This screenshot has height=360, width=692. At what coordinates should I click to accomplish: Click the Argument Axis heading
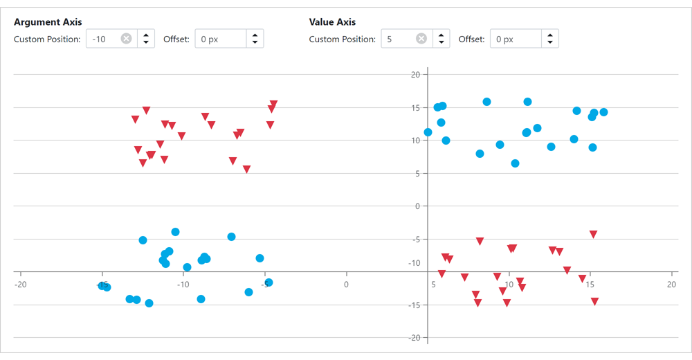pyautogui.click(x=48, y=22)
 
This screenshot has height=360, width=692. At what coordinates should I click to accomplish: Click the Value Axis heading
pyautogui.click(x=332, y=22)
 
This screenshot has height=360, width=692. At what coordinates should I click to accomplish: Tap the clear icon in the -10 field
pyautogui.click(x=126, y=39)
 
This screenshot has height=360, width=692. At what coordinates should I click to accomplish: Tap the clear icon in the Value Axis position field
pyautogui.click(x=421, y=39)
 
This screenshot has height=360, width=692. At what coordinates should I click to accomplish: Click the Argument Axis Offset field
pyautogui.click(x=220, y=39)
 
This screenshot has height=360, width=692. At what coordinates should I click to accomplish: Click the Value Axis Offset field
pyautogui.click(x=515, y=39)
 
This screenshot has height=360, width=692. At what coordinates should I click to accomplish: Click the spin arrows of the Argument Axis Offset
pyautogui.click(x=255, y=39)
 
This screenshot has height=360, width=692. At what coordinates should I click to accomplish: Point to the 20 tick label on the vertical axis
pyautogui.click(x=415, y=74)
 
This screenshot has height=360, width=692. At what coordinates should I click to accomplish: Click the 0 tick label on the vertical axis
pyautogui.click(x=417, y=206)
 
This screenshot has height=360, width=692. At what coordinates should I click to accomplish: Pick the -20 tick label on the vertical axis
pyautogui.click(x=414, y=337)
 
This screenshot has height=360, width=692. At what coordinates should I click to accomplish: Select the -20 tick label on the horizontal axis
pyautogui.click(x=21, y=284)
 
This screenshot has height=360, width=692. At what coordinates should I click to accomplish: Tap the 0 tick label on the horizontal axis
pyautogui.click(x=346, y=284)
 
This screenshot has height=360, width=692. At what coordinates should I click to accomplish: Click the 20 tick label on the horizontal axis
pyautogui.click(x=671, y=284)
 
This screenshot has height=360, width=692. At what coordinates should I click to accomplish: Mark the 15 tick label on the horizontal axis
pyautogui.click(x=590, y=284)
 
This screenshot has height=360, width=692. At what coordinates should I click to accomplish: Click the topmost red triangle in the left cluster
pyautogui.click(x=273, y=104)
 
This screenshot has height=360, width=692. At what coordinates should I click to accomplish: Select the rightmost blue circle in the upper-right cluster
pyautogui.click(x=603, y=112)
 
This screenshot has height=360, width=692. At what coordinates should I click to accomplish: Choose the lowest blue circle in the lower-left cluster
pyautogui.click(x=149, y=303)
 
